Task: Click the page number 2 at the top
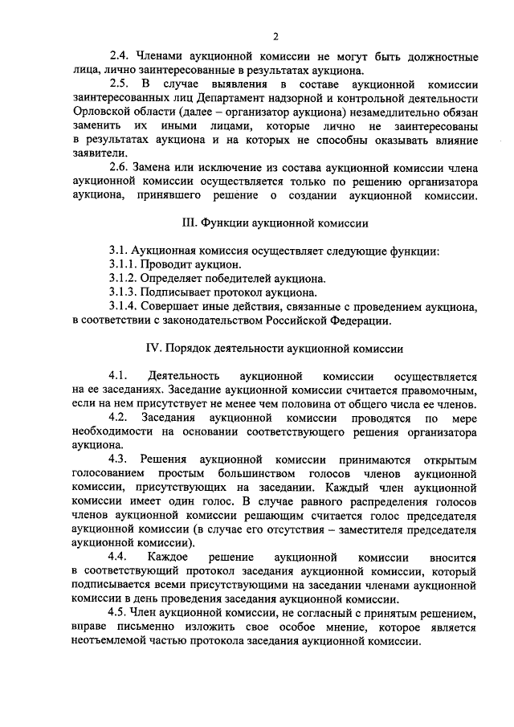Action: tap(275, 35)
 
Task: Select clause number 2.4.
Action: tap(120, 58)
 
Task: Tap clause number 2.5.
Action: tap(120, 84)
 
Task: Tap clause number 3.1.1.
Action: tap(124, 264)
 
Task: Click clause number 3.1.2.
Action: tap(124, 279)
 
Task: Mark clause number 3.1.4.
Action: tap(124, 307)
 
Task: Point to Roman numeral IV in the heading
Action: tap(153, 348)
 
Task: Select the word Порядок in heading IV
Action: tap(190, 348)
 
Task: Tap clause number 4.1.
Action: tap(119, 376)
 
